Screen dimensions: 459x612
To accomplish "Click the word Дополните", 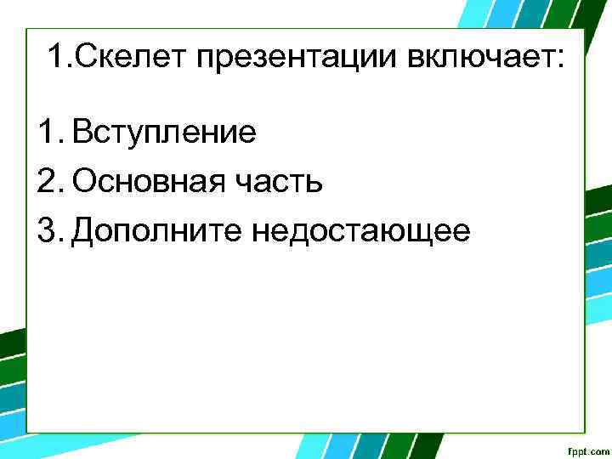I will [x=157, y=230].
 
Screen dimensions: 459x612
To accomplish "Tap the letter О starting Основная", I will [x=84, y=182].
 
